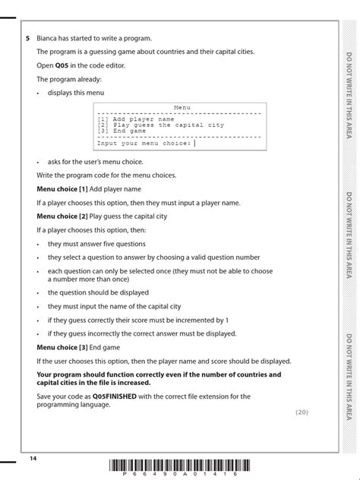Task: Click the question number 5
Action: click(27, 38)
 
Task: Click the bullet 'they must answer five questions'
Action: click(96, 244)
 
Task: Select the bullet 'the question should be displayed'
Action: click(98, 292)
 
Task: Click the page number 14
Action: click(33, 459)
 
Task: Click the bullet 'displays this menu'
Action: click(76, 93)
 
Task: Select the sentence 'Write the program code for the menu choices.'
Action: click(106, 175)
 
